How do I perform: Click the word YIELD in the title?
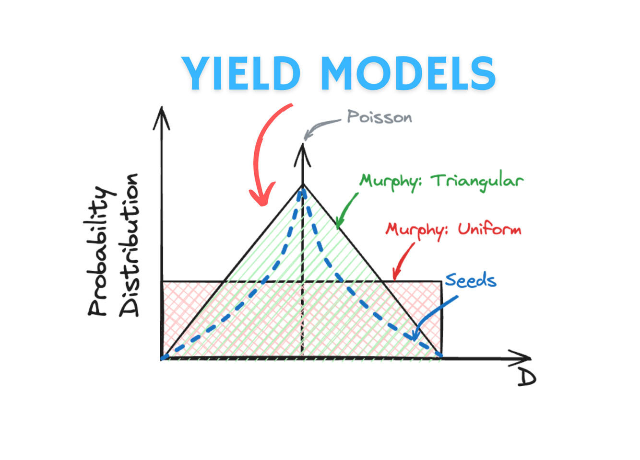pyautogui.click(x=240, y=73)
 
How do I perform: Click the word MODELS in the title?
pyautogui.click(x=409, y=73)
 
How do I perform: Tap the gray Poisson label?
pyautogui.click(x=379, y=117)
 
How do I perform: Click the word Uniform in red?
pyautogui.click(x=490, y=229)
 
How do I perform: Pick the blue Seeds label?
pyautogui.click(x=471, y=280)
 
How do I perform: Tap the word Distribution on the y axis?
pyautogui.click(x=129, y=245)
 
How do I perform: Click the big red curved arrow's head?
pyautogui.click(x=262, y=195)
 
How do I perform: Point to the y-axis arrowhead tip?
pyautogui.click(x=162, y=107)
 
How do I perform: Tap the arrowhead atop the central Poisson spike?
pyautogui.click(x=303, y=144)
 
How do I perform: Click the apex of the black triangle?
pyautogui.click(x=303, y=185)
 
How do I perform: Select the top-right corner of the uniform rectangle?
pyautogui.click(x=442, y=282)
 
